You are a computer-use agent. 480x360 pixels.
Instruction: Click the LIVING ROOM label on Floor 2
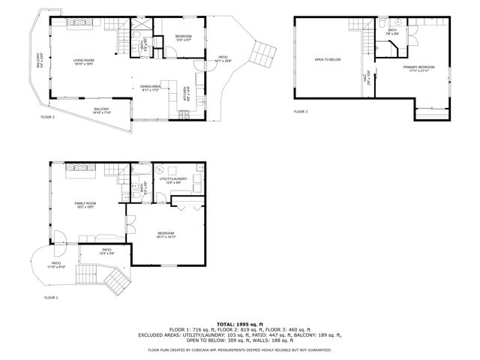point(84,61)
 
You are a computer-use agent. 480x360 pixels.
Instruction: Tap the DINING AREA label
point(151,88)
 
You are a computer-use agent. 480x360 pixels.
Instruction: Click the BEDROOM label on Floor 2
point(184,37)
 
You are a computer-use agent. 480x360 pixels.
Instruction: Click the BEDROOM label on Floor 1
point(166,234)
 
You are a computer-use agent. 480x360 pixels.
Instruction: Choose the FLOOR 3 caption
point(300,112)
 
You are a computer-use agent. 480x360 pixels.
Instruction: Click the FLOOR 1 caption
point(52,298)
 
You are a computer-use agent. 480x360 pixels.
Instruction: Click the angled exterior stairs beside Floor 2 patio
point(264,53)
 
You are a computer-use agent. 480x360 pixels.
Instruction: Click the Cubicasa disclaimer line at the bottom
point(239,349)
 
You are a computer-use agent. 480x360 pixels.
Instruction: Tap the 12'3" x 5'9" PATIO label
point(106,251)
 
